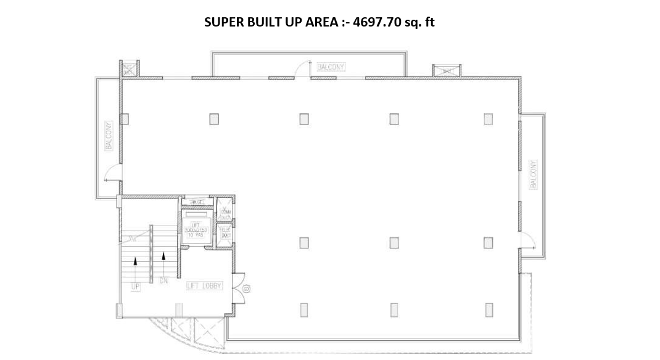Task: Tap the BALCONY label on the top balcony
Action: click(x=331, y=67)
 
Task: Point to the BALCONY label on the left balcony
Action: click(x=109, y=136)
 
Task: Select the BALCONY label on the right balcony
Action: click(x=533, y=174)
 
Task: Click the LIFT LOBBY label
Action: click(x=204, y=286)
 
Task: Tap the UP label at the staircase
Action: click(x=135, y=287)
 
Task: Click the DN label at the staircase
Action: click(x=163, y=282)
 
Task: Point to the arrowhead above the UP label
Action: click(x=135, y=261)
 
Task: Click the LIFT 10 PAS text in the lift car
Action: click(x=197, y=229)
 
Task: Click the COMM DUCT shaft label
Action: click(x=225, y=213)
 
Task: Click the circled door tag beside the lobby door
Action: click(x=246, y=288)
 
